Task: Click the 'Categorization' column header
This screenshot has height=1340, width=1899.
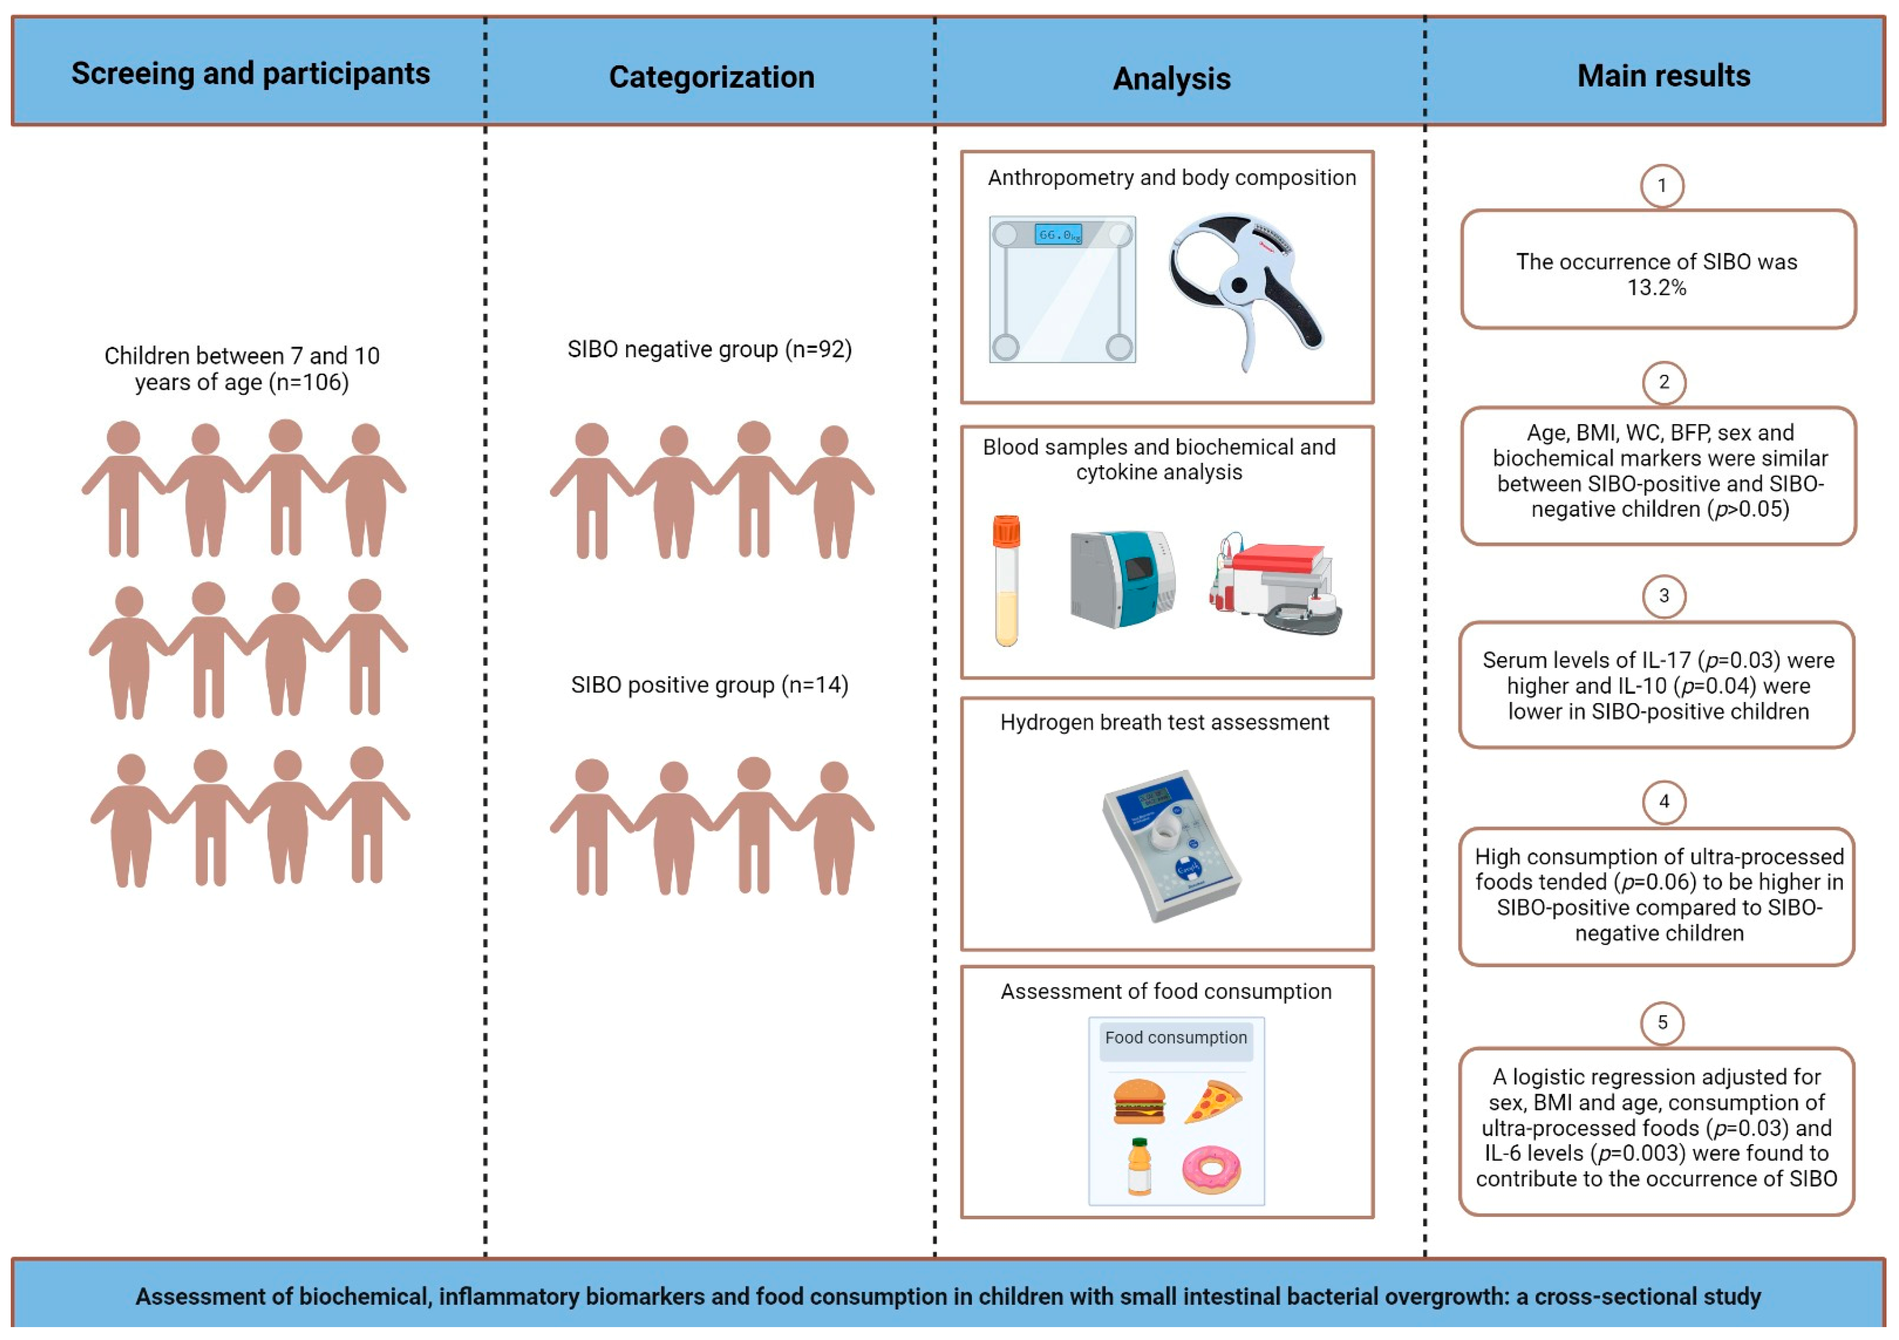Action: click(711, 77)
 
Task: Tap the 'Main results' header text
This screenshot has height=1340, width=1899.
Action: click(1663, 75)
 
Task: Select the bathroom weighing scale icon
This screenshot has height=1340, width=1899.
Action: click(1062, 289)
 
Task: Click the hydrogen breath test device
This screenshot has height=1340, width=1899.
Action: click(1171, 844)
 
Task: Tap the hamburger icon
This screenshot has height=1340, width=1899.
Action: click(1139, 1101)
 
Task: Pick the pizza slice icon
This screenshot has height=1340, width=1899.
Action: click(1214, 1101)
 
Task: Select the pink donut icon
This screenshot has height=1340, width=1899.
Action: click(1212, 1169)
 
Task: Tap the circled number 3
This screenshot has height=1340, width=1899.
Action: click(1663, 596)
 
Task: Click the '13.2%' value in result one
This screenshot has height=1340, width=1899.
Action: click(1656, 288)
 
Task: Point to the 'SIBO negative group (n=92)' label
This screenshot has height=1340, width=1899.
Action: click(710, 349)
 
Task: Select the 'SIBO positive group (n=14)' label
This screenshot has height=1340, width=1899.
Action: click(710, 685)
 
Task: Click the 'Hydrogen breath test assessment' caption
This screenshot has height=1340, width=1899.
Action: click(1165, 722)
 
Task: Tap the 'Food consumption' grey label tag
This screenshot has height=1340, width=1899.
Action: click(1175, 1037)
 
